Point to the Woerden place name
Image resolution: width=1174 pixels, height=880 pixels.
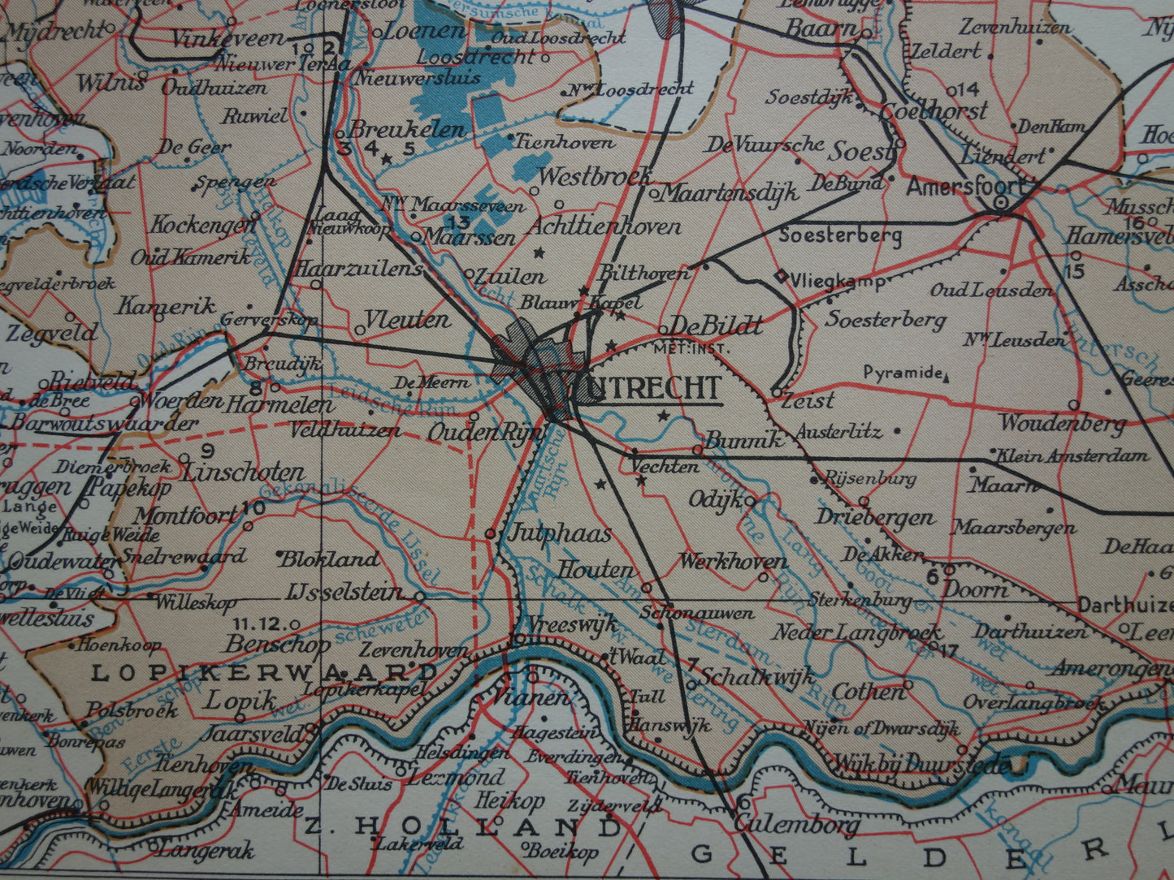point(180,401)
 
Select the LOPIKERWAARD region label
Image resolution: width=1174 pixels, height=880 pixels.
point(264,673)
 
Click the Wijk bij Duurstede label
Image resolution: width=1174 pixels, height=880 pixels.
point(922,765)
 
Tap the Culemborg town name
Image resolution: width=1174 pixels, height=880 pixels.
point(797,825)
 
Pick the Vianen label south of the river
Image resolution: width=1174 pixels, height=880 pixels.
point(533,697)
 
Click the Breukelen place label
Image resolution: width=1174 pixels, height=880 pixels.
point(407,130)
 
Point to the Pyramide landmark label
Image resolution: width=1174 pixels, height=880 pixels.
point(902,373)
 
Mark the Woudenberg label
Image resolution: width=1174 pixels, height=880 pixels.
point(1063,422)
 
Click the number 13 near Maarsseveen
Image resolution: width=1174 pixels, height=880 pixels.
point(459,222)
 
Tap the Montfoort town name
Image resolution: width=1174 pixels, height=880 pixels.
point(186,515)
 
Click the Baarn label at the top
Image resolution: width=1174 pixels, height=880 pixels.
point(821,28)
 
